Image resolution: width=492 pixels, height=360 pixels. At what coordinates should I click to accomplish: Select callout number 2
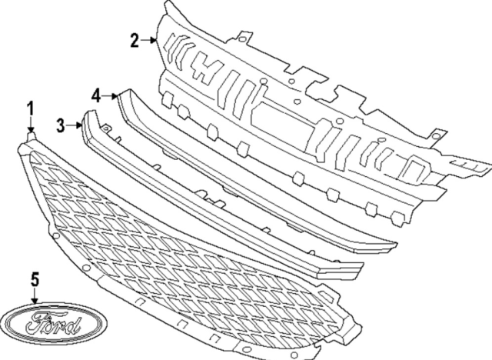pos(135,40)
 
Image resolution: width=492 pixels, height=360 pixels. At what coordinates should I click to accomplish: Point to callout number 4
pos(95,95)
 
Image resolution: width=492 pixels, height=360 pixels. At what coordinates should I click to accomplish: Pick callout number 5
pos(35,279)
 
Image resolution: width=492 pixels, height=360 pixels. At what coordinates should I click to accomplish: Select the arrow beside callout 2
pos(149,40)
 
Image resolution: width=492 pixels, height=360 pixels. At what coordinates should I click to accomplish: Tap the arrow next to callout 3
pos(75,123)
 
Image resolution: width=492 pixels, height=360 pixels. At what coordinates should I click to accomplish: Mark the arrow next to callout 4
pos(109,96)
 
